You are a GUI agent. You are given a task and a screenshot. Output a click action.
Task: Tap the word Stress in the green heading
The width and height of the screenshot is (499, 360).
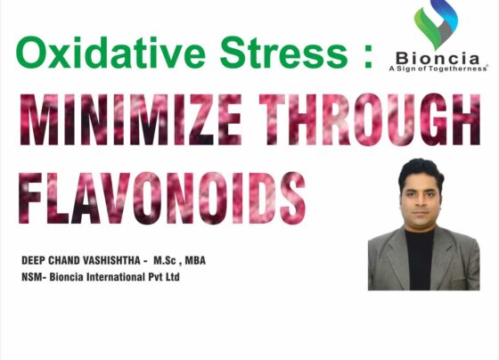pos(283,53)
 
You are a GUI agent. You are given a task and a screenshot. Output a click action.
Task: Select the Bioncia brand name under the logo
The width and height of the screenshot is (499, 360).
pos(438,59)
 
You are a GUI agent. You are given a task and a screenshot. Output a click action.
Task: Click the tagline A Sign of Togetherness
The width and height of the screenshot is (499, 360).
pos(438,69)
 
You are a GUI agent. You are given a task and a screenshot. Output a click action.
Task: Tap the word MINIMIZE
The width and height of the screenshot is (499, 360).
pos(131,119)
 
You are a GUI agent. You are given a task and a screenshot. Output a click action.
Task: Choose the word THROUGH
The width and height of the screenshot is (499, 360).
pos(370,119)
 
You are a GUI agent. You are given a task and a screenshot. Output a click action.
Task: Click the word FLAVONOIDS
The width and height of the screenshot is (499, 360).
pos(162,198)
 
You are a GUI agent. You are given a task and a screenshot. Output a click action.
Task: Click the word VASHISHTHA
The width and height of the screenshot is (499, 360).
pos(111,261)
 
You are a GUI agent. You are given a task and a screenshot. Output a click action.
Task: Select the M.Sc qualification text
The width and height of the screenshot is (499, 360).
pos(165,261)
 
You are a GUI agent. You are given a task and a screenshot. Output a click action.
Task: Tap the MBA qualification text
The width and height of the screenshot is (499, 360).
pos(195,261)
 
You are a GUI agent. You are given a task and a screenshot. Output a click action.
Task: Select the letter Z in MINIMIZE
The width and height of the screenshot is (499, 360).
pos(200,119)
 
